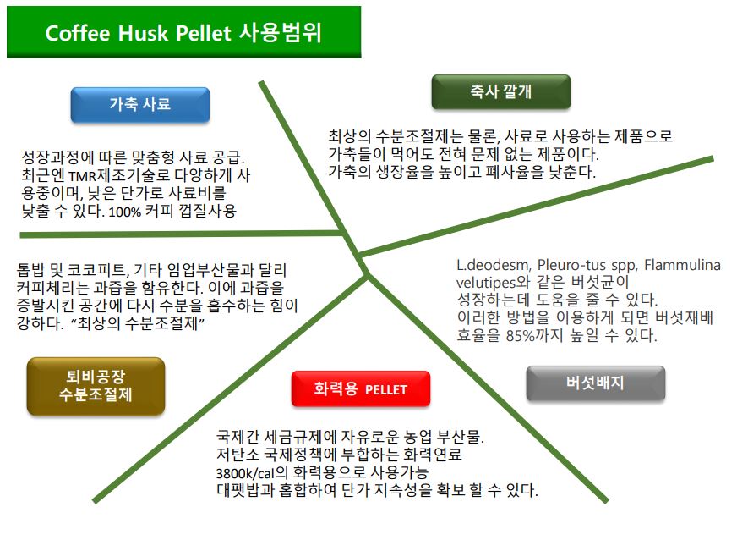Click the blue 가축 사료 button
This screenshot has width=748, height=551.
[x=139, y=105]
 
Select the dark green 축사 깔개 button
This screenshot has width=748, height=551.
[x=501, y=91]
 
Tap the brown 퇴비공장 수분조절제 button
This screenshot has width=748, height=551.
[x=96, y=386]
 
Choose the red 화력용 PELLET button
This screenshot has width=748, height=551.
[x=361, y=389]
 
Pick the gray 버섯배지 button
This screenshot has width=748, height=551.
[x=595, y=383]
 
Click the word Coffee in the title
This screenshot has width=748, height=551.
[x=78, y=34]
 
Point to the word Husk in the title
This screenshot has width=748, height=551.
[x=143, y=34]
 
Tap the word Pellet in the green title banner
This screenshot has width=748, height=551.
[x=204, y=34]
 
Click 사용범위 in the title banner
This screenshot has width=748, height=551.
[x=281, y=32]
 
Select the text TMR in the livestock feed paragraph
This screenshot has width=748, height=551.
[x=82, y=176]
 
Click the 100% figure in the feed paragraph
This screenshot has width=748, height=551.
[x=124, y=212]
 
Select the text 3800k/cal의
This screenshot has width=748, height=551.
[x=252, y=472]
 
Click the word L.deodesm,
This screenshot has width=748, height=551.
[x=494, y=265]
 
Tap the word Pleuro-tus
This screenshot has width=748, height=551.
[x=571, y=265]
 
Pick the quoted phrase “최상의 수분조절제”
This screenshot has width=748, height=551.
[x=138, y=323]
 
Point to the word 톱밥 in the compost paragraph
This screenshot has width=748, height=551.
[x=30, y=271]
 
